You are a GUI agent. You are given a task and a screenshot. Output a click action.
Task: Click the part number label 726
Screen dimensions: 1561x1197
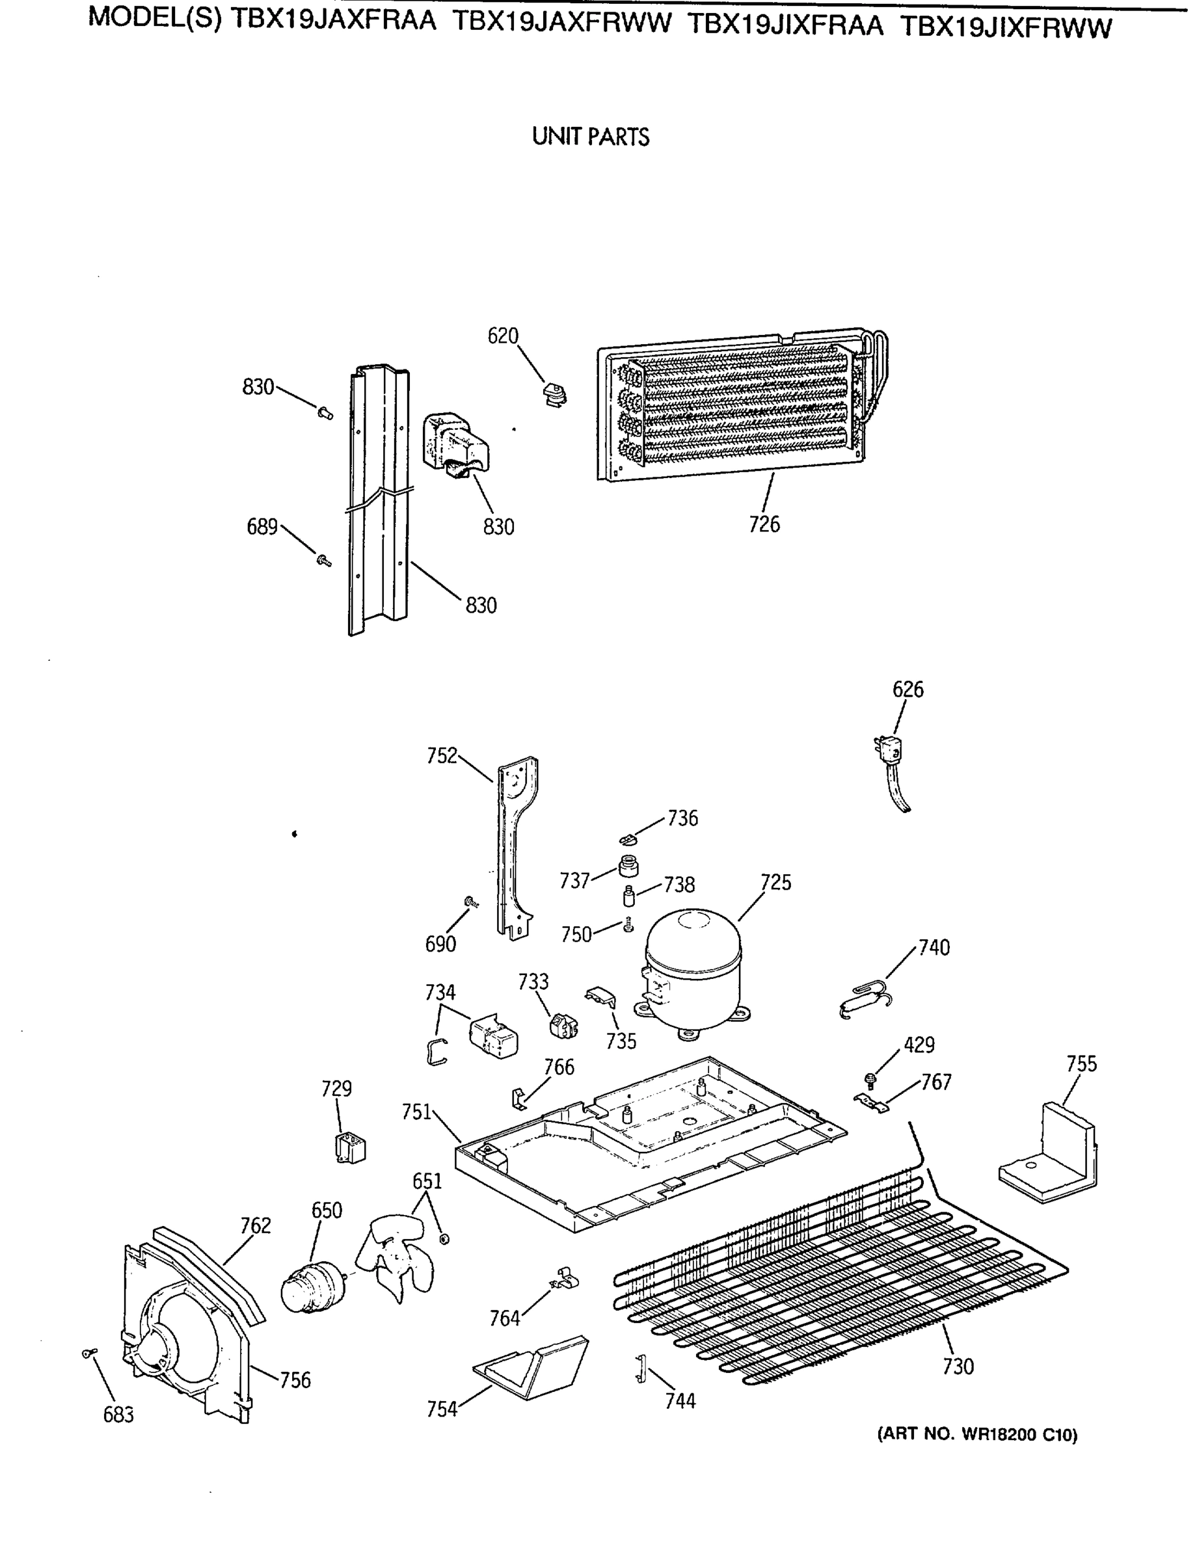tap(764, 524)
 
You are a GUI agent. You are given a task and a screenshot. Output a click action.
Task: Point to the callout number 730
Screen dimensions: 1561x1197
tap(958, 1367)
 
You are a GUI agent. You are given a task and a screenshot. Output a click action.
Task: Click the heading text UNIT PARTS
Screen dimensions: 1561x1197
tap(591, 137)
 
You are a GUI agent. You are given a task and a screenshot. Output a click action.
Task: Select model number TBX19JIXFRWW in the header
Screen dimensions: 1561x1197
tap(1005, 27)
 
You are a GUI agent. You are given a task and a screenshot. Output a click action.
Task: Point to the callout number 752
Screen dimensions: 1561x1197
tap(442, 756)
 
